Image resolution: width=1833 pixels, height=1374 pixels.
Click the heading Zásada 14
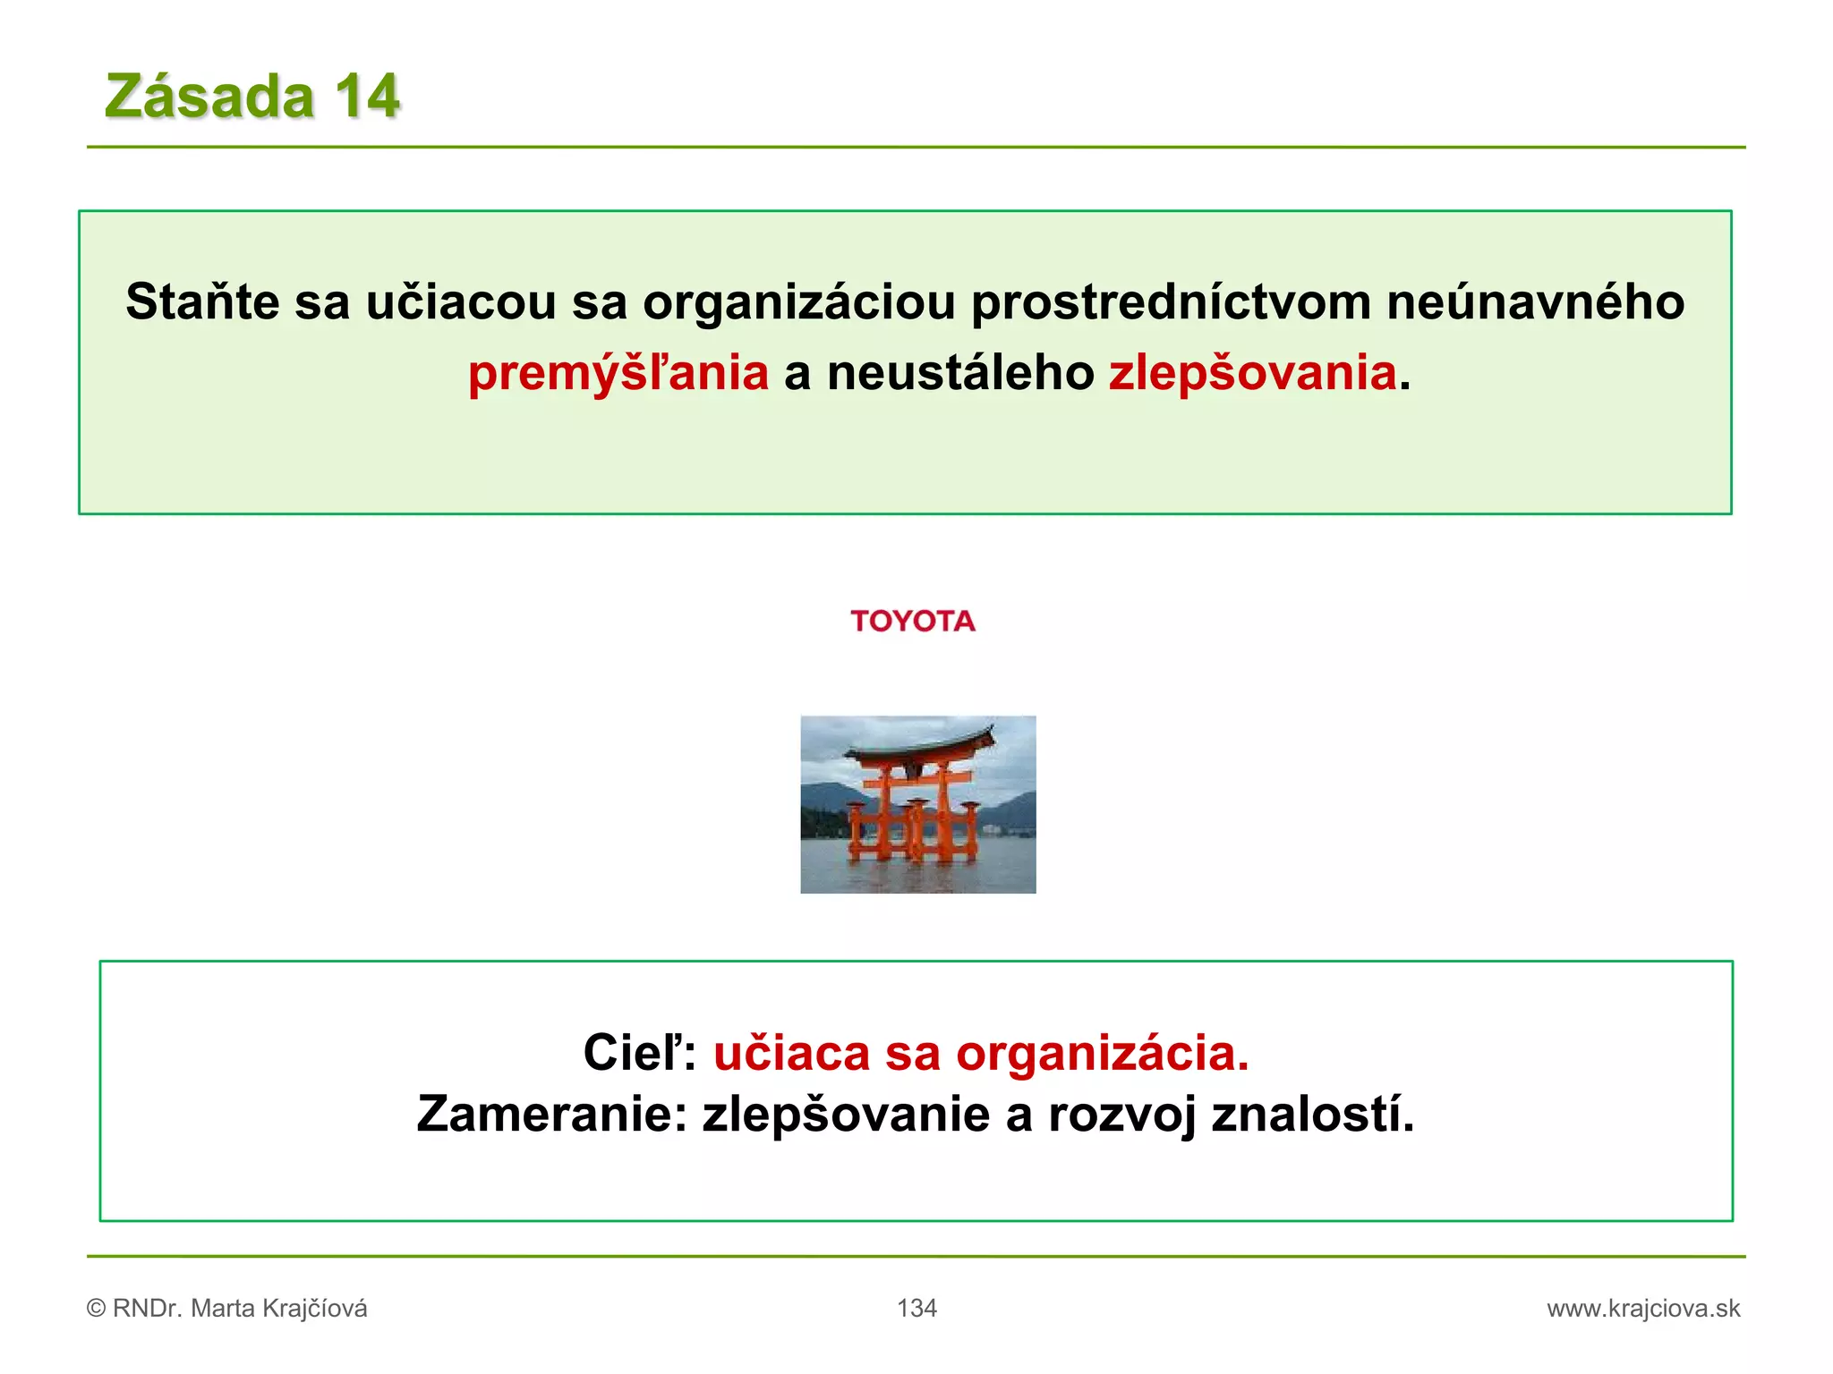coord(252,97)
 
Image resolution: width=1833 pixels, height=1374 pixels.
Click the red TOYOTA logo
coord(912,621)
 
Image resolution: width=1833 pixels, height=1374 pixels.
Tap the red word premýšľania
coord(618,373)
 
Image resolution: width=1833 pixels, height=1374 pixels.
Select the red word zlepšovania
coord(1252,373)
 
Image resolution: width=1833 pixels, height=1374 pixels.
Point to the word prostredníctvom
coord(1171,302)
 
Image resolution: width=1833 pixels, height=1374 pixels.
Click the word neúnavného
coord(1535,302)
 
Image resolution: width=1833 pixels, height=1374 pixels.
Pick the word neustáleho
coord(960,373)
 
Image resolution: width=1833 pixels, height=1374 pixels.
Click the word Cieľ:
coord(639,1053)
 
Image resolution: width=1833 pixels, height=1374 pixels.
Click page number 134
coord(916,1309)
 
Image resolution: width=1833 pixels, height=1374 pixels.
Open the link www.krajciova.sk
coord(1643,1309)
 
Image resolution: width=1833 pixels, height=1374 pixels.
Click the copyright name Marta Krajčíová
coord(279,1309)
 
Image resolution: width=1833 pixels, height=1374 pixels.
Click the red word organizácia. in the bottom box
coord(1103,1053)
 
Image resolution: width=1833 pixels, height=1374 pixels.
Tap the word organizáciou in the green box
coord(799,302)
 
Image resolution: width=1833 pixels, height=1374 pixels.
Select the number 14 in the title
coord(367,97)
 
